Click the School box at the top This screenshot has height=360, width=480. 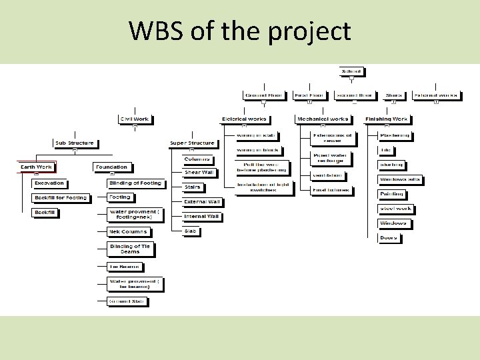pos(351,71)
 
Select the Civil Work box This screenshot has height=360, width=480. pos(135,119)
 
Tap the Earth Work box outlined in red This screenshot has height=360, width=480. pos(36,167)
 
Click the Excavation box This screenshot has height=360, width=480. pos(49,183)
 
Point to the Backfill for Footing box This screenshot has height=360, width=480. pos(60,198)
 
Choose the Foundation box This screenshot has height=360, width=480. pos(111,167)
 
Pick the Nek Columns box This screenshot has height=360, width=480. pos(129,232)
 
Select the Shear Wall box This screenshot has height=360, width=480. pos(199,173)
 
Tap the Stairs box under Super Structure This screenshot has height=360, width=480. pos(192,187)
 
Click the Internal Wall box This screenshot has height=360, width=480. pos(201,217)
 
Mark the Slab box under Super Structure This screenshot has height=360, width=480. pos(191,231)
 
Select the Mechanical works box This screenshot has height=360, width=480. pos(322,119)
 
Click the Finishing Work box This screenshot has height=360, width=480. pos(387,119)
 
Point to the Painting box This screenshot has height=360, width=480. pos(391,194)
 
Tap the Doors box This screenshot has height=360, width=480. pos(388,238)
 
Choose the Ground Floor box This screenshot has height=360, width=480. pos(263,95)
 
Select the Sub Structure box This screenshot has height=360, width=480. pos(75,143)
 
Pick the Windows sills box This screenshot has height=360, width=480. pos(400,179)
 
